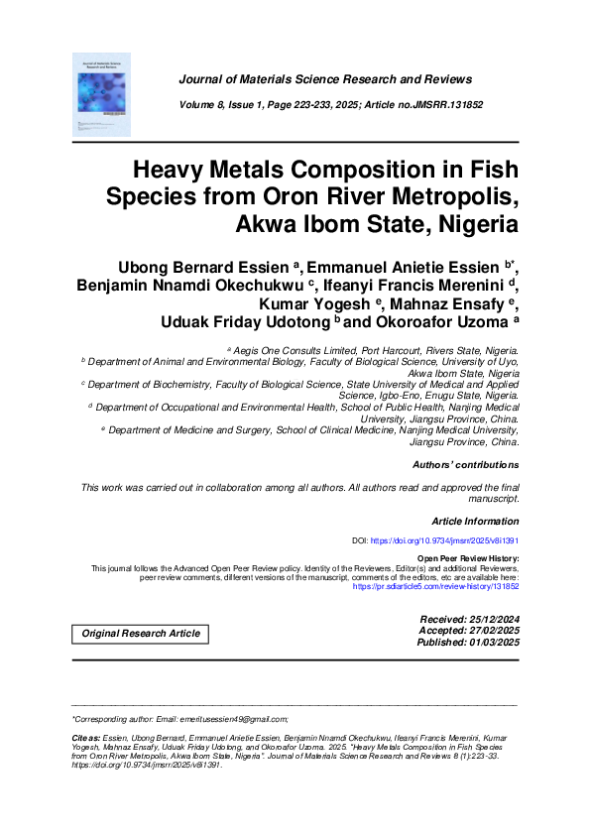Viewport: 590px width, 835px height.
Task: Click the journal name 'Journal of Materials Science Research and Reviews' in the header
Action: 324,79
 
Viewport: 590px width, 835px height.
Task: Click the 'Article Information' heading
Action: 475,521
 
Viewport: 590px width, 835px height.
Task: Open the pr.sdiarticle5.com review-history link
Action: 435,586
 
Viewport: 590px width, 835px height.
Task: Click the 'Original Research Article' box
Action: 140,634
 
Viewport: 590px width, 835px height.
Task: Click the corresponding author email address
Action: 239,719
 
